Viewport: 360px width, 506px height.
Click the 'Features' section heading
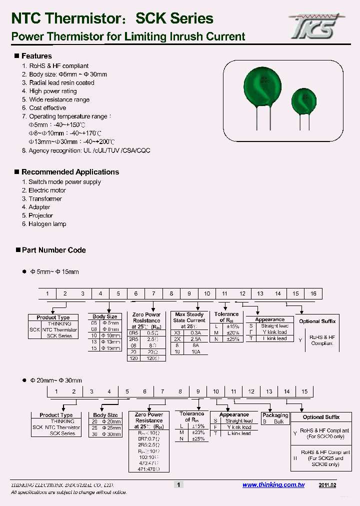pos(36,56)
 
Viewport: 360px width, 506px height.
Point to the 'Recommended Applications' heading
pos(70,172)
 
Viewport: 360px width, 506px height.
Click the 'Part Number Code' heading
pos(54,250)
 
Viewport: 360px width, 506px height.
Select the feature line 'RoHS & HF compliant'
pos(58,66)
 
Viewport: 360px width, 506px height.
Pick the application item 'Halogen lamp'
pos(47,224)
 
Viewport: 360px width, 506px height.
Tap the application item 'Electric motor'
pos(47,190)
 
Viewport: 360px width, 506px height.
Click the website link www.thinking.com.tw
pos(273,485)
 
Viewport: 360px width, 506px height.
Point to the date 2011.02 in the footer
pos(327,485)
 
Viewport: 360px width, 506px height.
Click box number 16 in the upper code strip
pos(313,294)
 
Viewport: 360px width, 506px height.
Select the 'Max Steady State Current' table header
pos(189,317)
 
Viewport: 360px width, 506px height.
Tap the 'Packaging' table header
pos(275,415)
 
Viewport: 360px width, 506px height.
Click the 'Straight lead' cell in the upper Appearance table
pos(274,326)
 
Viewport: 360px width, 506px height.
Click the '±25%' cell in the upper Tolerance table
pos(232,338)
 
